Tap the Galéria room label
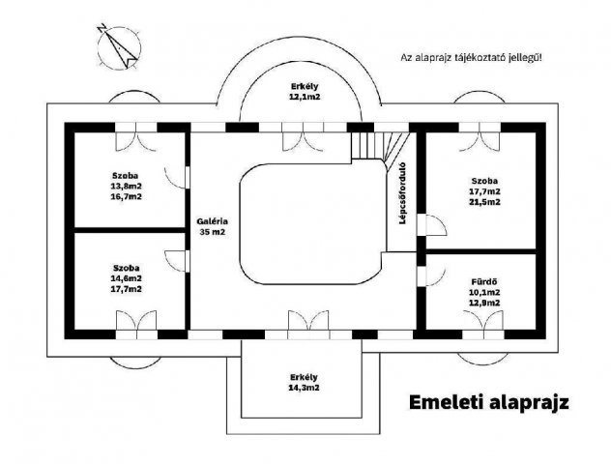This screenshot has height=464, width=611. (212, 221)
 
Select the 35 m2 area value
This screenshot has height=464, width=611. (213, 232)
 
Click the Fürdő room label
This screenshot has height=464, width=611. (484, 281)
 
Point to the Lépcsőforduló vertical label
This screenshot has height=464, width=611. (402, 193)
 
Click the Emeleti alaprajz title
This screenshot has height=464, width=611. (488, 402)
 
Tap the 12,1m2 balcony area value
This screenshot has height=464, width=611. (305, 97)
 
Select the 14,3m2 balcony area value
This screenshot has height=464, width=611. (304, 388)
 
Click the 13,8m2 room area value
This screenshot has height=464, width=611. (126, 187)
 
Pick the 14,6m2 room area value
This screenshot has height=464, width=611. (127, 278)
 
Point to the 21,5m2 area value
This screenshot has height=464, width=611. (484, 202)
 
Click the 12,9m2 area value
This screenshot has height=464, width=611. (484, 303)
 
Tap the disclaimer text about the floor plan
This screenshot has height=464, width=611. (471, 58)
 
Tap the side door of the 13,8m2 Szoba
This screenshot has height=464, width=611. (177, 178)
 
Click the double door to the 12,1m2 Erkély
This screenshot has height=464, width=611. (304, 136)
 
